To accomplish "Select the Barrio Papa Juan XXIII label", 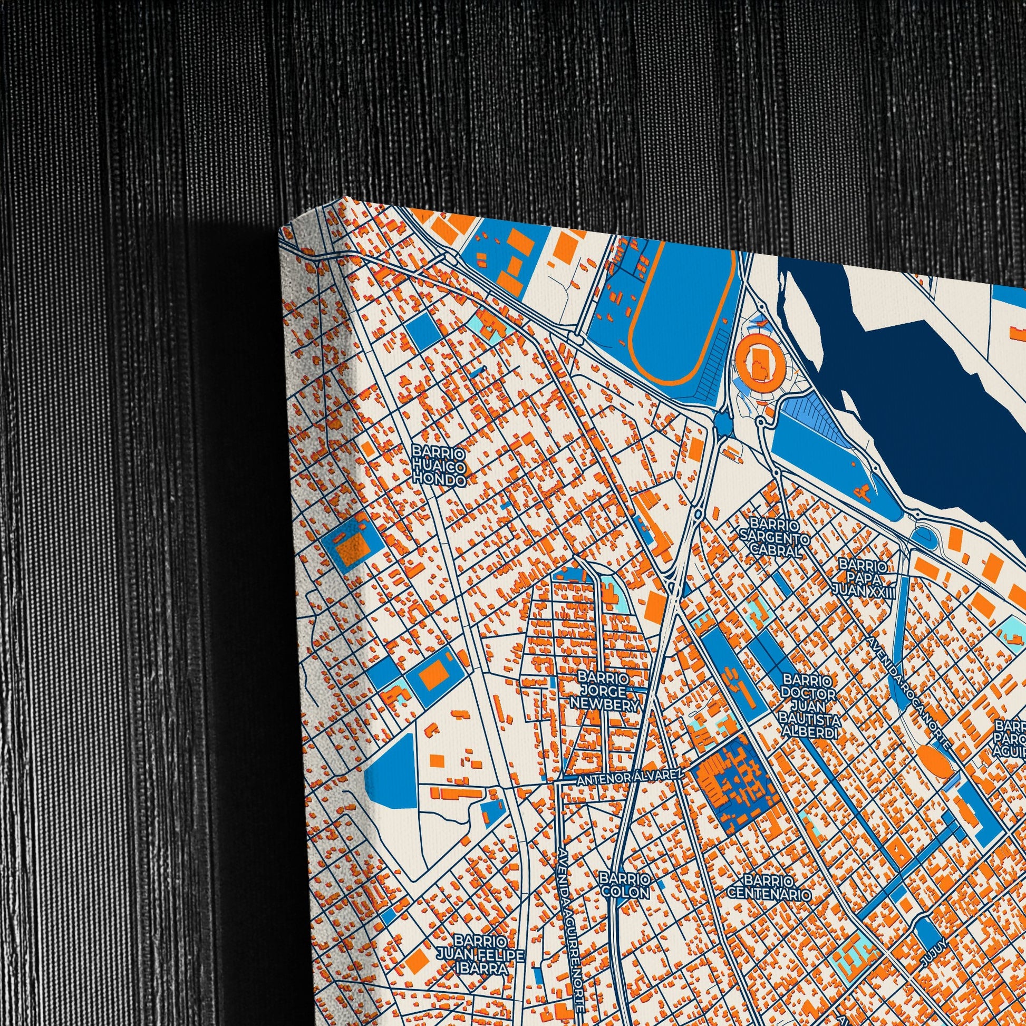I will coord(864,577).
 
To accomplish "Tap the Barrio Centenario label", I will coord(770,887).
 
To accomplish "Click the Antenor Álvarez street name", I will coord(630,778).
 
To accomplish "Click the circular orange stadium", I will coord(757,364).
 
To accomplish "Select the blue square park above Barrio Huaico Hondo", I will coord(424,331).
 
